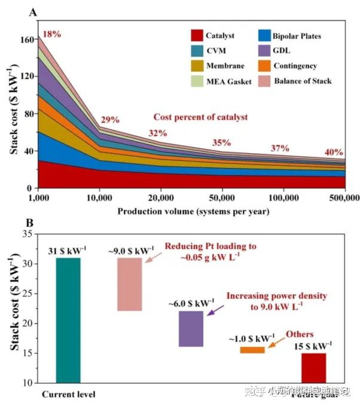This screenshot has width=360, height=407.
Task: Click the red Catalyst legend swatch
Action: coord(195,36)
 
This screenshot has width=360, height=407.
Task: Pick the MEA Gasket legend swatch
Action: coord(195,81)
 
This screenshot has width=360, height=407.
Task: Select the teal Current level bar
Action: coord(68,320)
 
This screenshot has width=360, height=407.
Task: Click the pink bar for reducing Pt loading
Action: coord(130,284)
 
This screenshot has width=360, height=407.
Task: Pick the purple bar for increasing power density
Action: coord(191,329)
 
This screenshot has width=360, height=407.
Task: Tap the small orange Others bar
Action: coord(252,350)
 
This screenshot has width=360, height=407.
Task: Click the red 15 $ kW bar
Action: coord(313,367)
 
